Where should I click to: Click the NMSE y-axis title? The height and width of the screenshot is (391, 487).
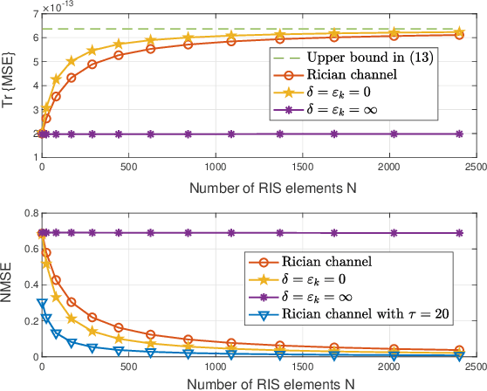(x=9, y=284)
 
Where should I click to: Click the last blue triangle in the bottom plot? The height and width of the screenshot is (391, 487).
(x=458, y=354)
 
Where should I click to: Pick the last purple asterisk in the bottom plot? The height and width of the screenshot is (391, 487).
(x=458, y=233)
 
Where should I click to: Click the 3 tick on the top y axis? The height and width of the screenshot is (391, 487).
(x=31, y=112)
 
